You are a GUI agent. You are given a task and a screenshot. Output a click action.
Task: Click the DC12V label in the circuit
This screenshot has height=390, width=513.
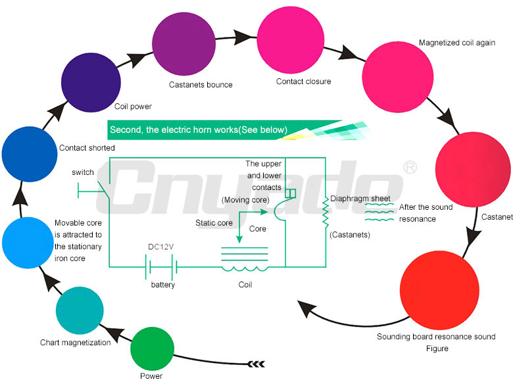[160, 247]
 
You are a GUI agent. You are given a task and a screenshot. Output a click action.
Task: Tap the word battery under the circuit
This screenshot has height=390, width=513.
[162, 285]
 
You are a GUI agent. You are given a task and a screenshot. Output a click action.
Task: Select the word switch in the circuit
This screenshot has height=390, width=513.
[84, 172]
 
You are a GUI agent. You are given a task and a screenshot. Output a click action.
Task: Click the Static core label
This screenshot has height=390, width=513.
[214, 223]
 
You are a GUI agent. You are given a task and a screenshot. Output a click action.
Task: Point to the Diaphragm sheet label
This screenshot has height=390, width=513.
[360, 198]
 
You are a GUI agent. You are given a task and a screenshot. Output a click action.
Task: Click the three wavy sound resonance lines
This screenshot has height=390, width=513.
[379, 212]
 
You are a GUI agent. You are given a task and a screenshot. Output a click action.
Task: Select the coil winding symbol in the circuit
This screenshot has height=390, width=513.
[245, 268]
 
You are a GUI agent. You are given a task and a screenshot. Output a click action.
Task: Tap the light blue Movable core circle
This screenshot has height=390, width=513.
[27, 242]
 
